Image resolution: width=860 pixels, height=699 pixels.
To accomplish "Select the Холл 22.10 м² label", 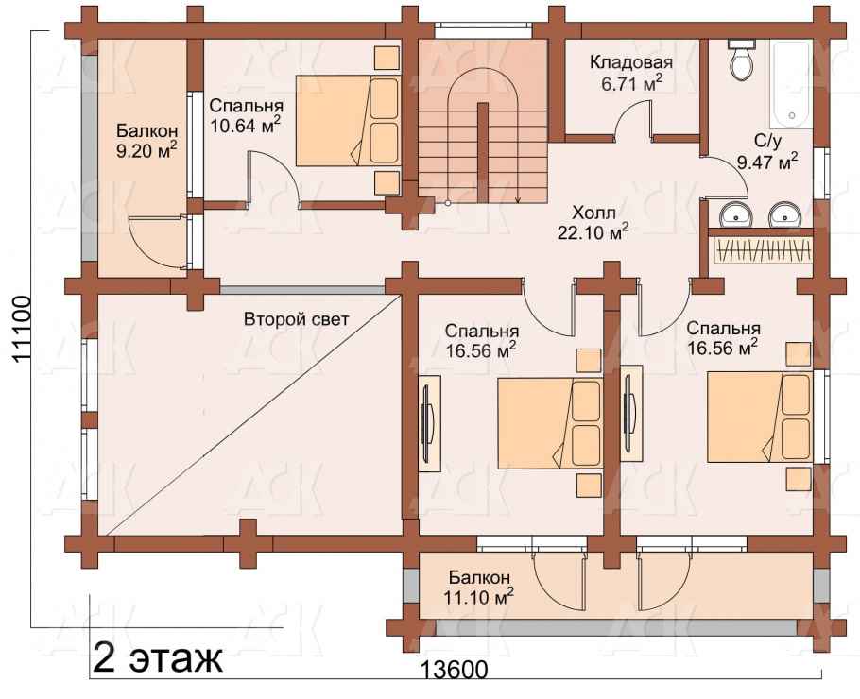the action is point(593,222).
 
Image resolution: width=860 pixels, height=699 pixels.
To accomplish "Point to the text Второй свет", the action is point(296,319).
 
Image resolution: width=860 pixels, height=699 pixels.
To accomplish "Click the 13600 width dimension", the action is point(454,670).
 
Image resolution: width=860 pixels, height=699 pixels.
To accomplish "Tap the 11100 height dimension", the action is point(22,330).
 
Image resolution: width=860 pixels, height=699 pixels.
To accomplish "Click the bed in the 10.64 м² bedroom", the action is point(348,121).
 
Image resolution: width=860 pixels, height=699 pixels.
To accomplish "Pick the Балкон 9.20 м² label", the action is point(146,141).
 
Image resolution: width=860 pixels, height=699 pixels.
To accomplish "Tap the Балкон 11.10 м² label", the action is point(480,587).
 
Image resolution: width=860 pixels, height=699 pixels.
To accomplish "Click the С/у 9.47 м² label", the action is point(766,151).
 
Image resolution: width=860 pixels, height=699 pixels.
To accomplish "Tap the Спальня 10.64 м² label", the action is point(246,115).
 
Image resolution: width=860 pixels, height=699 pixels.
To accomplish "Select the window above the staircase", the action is point(483,29).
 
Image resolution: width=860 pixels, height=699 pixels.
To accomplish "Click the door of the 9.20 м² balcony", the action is point(157,242).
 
